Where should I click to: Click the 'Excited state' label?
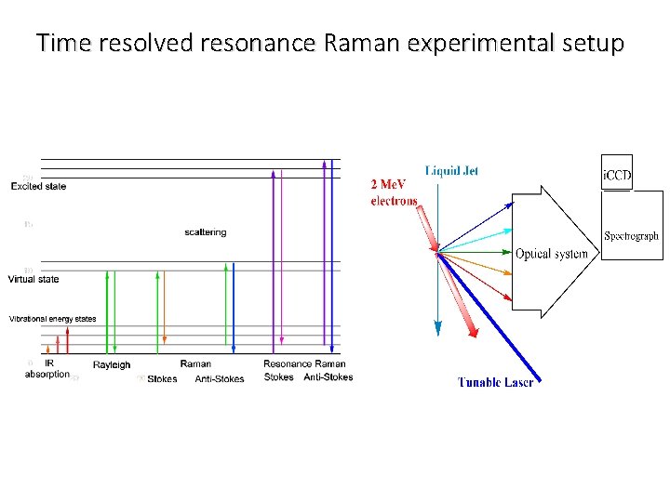[x=38, y=186]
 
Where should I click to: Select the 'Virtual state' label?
[x=33, y=279]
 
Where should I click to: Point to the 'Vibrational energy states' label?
[x=52, y=319]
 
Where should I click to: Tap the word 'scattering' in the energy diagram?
[x=205, y=232]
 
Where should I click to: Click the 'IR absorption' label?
[x=47, y=369]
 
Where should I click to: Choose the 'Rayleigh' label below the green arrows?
[x=112, y=364]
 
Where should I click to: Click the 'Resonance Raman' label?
[x=304, y=363]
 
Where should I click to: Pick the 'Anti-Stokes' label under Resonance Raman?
[x=328, y=377]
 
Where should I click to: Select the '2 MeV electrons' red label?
[x=394, y=192]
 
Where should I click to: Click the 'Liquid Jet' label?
[x=452, y=171]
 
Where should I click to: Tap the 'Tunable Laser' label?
[x=495, y=382]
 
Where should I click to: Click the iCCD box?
[x=617, y=174]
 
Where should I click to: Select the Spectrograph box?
[x=632, y=236]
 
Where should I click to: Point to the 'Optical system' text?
[x=551, y=254]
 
